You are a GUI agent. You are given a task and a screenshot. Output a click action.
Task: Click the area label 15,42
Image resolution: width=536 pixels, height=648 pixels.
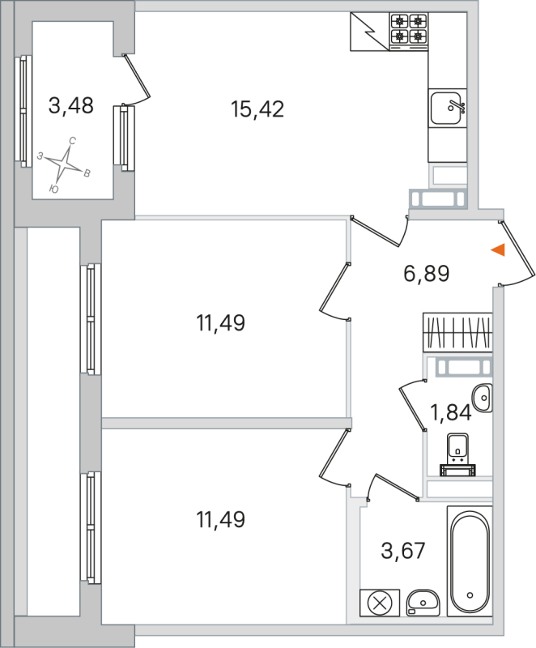tap(257, 109)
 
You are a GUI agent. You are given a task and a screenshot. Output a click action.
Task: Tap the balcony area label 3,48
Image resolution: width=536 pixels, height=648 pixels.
tap(71, 105)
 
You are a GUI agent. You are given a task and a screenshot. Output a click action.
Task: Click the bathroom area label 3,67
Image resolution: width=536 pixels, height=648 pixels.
tap(402, 551)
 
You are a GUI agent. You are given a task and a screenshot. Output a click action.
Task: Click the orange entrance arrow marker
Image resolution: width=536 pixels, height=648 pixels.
tap(499, 250)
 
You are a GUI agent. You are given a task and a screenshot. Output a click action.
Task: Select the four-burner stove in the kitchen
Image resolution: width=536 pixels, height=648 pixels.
tap(408, 30)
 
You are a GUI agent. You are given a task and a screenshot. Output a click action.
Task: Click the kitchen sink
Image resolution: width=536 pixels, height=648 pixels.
tap(446, 108)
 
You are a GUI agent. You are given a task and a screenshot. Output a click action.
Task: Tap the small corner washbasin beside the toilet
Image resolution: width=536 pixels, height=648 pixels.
tap(483, 397)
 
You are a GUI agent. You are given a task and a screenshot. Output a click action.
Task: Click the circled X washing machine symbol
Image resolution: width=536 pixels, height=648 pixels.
tap(378, 602)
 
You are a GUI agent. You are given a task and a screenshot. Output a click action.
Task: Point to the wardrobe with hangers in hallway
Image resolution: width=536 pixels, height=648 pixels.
tap(457, 332)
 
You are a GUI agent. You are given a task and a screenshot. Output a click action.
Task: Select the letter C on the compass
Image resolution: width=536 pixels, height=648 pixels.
tap(72, 142)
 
